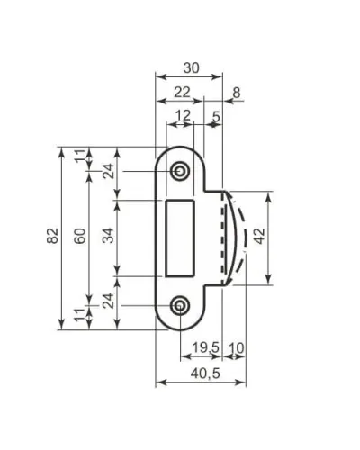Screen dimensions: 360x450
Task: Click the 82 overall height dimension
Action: tap(52, 236)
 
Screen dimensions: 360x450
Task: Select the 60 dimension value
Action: tap(80, 236)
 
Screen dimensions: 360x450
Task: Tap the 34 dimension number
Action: tap(108, 236)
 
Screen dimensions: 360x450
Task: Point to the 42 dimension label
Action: tap(259, 236)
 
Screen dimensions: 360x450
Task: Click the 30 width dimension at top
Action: tap(192, 68)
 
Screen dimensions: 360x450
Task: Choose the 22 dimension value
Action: tap(183, 93)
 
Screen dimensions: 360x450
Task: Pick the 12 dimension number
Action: tap(183, 115)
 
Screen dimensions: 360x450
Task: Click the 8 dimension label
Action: tap(237, 93)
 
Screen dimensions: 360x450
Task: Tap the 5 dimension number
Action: tap(216, 116)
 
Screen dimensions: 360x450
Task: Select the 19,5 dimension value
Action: tap(206, 347)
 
